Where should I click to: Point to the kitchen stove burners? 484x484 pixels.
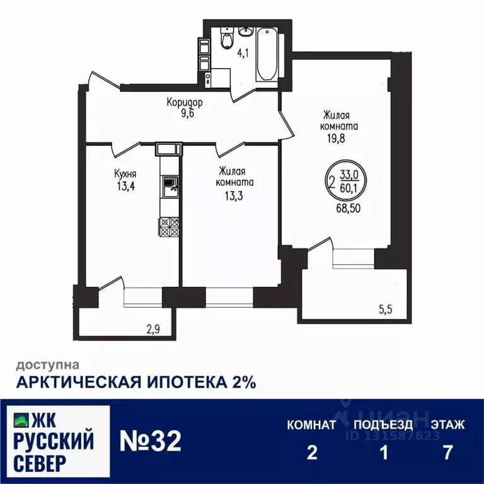coord(169,226)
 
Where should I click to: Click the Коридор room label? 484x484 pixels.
coord(184,101)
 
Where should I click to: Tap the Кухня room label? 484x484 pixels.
coord(125,173)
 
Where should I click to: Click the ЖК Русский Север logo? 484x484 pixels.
coord(55,442)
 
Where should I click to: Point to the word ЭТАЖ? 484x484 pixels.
coord(447,425)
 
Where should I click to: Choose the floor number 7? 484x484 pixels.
coord(447,453)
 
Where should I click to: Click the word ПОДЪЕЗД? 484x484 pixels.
coord(383,425)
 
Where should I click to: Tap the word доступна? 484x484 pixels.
coord(47,364)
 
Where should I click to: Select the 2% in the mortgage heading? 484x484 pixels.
coord(240,383)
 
